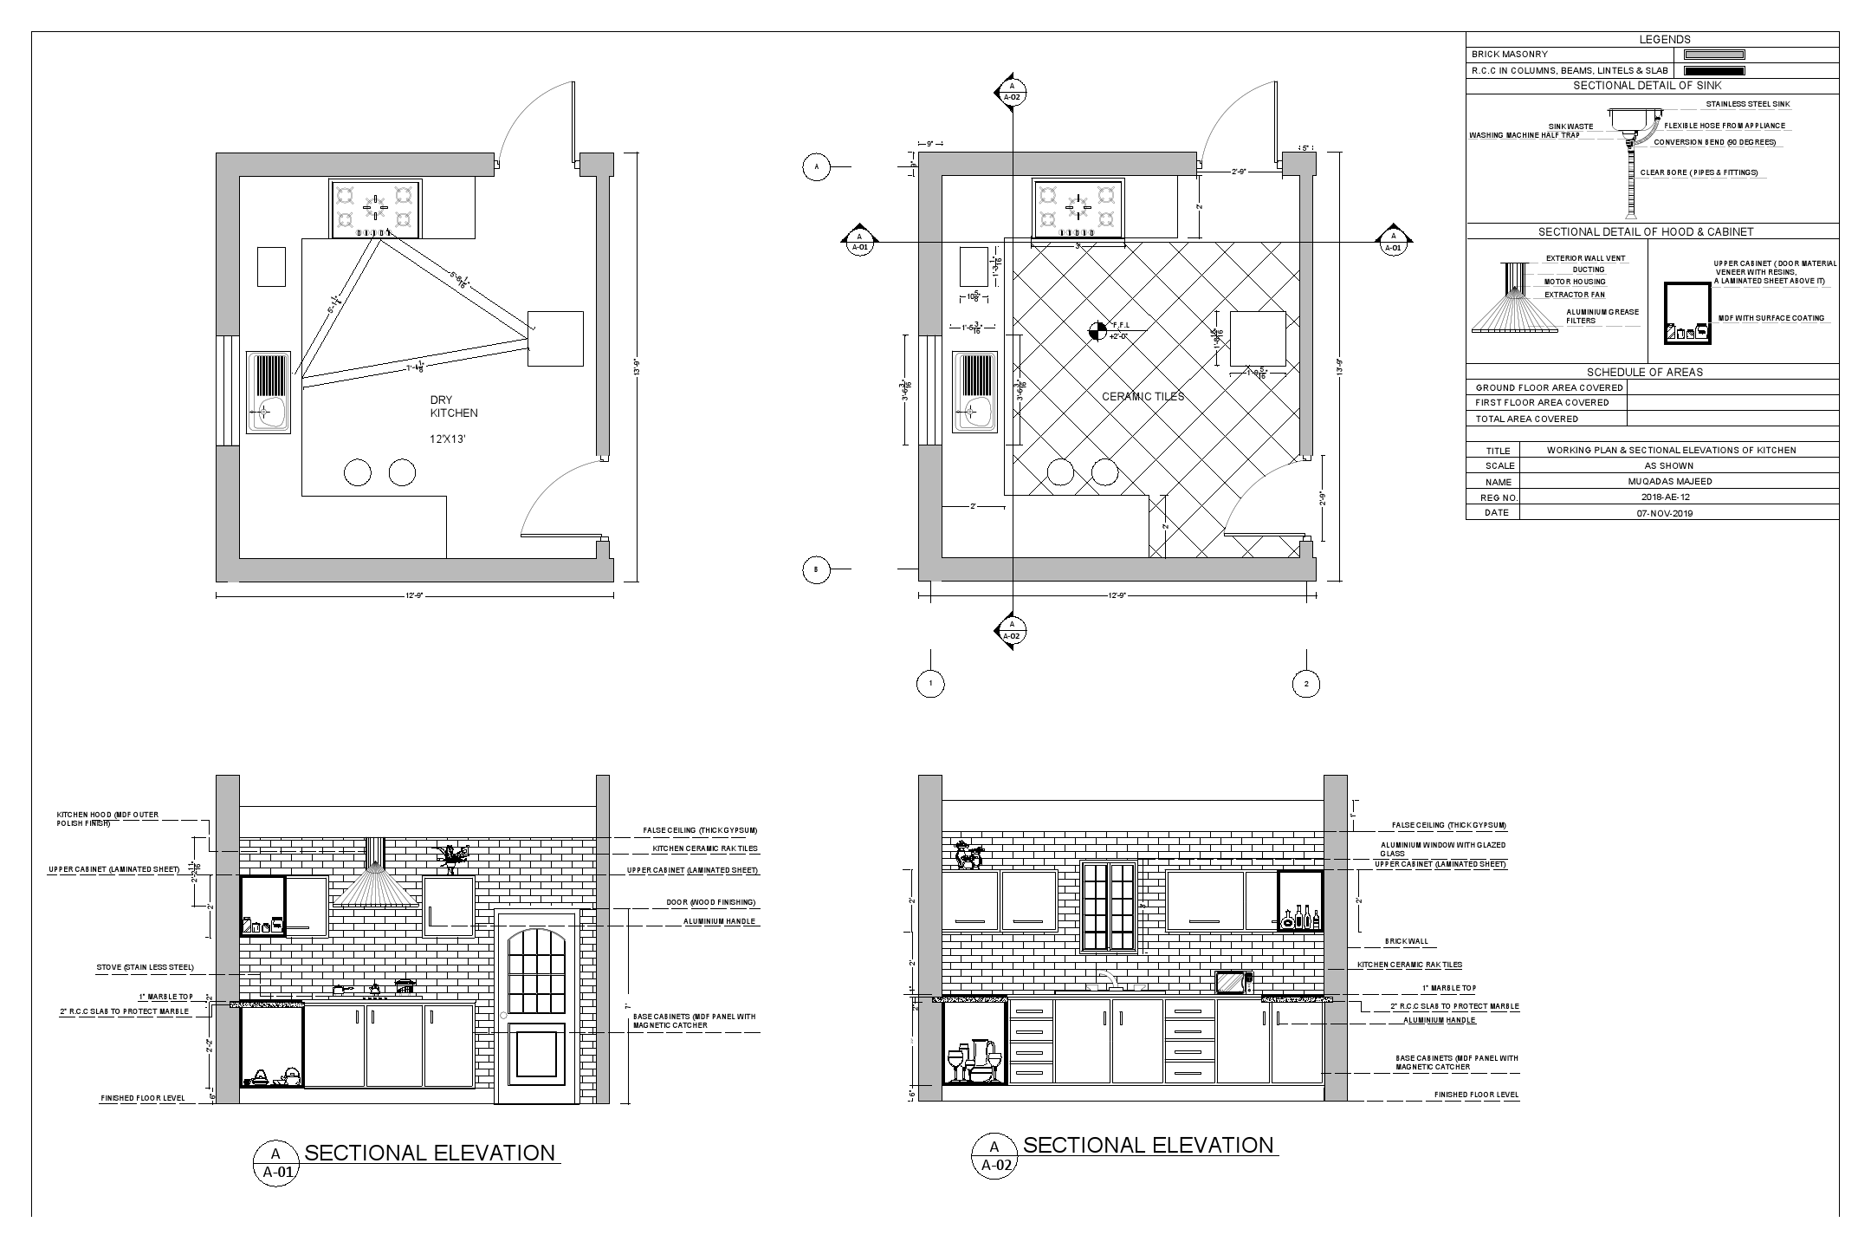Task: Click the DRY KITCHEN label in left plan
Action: (x=454, y=406)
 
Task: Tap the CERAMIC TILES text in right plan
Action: (x=1143, y=397)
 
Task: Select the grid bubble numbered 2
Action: (x=1305, y=684)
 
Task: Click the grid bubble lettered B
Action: (x=815, y=569)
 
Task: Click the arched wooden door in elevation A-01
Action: (x=537, y=1007)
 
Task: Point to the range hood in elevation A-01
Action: (x=375, y=882)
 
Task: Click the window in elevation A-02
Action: (x=1109, y=906)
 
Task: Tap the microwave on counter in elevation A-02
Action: (x=1233, y=982)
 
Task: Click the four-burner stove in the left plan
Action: (x=375, y=209)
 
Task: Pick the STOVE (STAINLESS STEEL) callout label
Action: (x=145, y=967)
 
